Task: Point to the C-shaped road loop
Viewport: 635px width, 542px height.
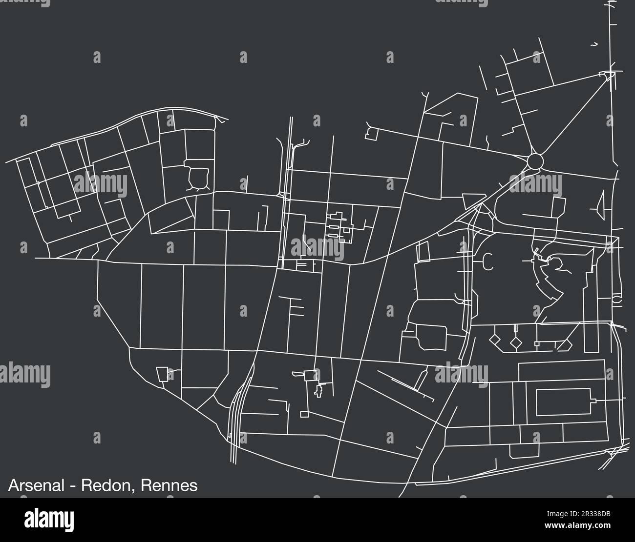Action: [x=487, y=262]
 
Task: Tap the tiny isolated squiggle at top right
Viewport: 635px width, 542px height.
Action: [x=594, y=44]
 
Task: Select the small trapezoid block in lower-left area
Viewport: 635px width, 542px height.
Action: [x=162, y=374]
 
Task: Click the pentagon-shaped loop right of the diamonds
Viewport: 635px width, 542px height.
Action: [x=564, y=344]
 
